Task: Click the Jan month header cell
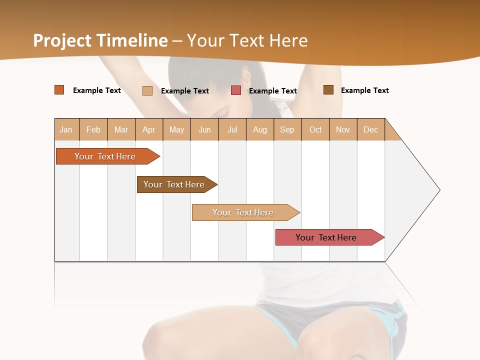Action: click(66, 129)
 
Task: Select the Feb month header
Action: click(93, 129)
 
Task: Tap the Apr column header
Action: click(149, 129)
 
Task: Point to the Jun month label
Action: click(204, 129)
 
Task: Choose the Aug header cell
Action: click(260, 129)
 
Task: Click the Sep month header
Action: click(287, 129)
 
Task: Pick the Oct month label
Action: click(315, 129)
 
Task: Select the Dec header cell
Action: click(371, 129)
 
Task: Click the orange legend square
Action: click(59, 90)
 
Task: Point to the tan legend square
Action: click(147, 90)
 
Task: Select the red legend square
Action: click(236, 90)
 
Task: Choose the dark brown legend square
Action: click(328, 90)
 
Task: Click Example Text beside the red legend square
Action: click(273, 91)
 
